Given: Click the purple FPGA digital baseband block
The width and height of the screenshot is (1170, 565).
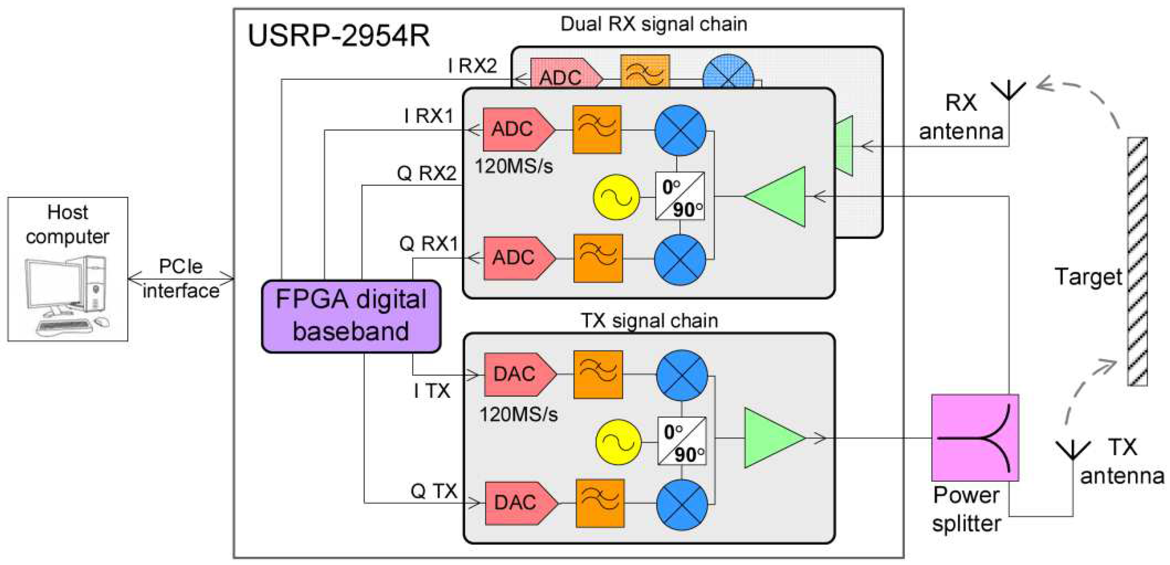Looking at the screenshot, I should tap(351, 316).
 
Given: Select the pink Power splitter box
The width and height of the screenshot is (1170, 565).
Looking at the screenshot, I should tap(975, 438).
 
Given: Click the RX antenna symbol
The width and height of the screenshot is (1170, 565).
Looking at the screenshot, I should tap(1008, 91).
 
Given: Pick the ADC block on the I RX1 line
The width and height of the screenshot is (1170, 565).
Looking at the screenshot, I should tap(517, 130).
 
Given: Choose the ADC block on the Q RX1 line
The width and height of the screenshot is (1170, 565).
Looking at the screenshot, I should tap(518, 258).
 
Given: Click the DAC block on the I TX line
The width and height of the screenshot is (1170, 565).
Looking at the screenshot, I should tap(519, 375).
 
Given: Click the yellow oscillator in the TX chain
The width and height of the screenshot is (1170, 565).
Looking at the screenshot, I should tap(618, 442).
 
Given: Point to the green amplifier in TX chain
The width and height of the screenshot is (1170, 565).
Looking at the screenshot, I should tap(772, 438).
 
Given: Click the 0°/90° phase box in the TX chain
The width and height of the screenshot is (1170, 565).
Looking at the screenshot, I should tap(682, 441).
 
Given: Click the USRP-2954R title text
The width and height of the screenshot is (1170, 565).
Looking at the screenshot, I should tap(338, 36).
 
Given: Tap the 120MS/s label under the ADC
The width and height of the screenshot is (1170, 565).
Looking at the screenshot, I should tap(514, 166).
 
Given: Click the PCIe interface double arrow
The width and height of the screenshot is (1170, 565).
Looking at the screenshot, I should tap(181, 278).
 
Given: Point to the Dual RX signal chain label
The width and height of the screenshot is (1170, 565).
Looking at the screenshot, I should tap(653, 24).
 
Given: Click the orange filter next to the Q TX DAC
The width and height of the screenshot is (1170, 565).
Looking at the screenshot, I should tap(600, 503).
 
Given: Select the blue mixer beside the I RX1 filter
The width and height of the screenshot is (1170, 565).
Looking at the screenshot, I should tap(680, 130).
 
